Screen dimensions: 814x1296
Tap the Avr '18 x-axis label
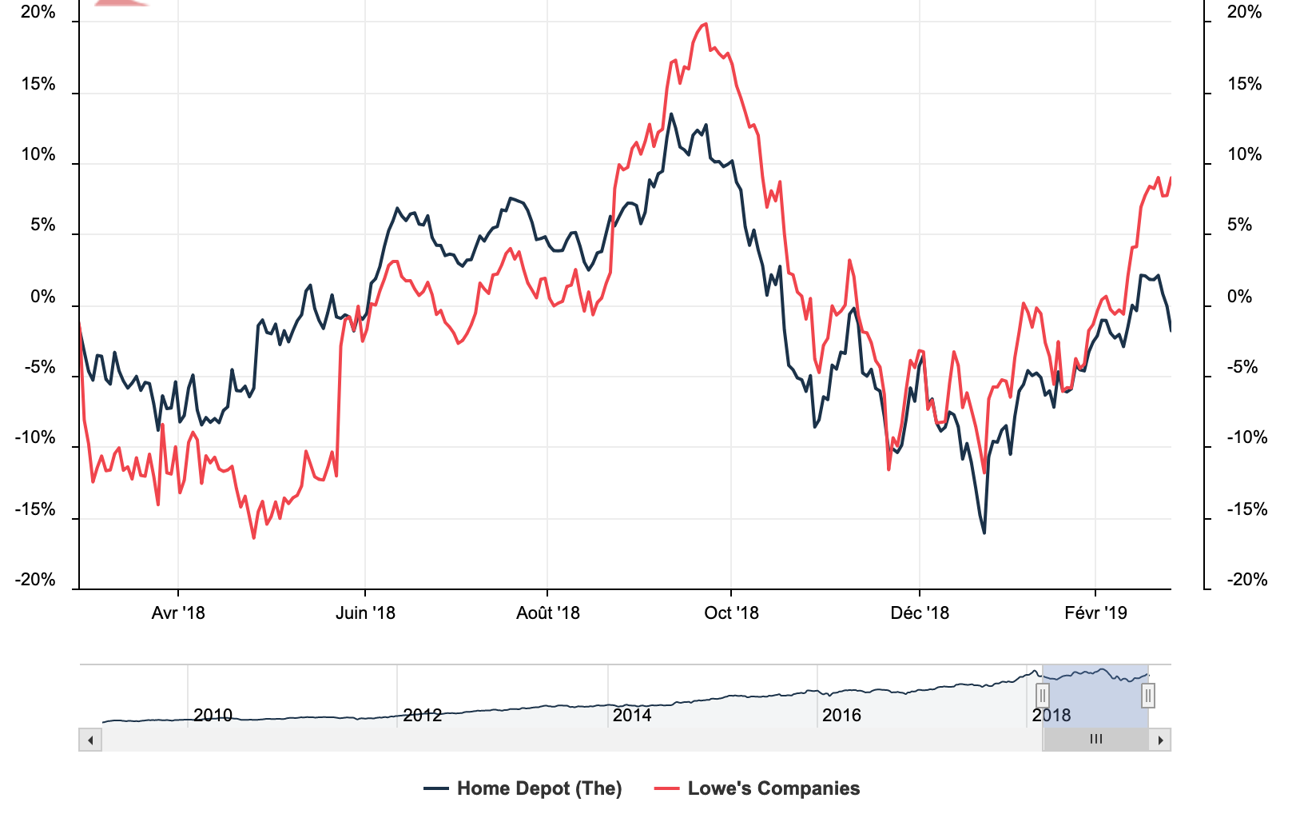click(178, 613)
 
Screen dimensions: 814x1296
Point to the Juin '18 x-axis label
click(365, 613)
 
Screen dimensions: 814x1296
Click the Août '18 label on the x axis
click(547, 613)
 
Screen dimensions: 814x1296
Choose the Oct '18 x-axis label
click(731, 613)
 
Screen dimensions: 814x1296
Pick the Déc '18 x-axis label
click(920, 613)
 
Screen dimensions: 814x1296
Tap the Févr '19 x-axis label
click(1095, 613)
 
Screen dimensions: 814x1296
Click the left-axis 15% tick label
click(38, 85)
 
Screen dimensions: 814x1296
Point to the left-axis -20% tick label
click(35, 580)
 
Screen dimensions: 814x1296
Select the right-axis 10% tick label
click(1244, 155)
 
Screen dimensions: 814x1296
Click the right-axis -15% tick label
click(1247, 509)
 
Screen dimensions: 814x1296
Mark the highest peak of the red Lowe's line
click(705, 24)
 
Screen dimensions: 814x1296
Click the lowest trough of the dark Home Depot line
click(984, 533)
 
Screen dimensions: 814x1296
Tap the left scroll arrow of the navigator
click(90, 740)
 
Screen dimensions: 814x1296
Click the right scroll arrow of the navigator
click(1160, 740)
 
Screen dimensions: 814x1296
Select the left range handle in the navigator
click(1043, 696)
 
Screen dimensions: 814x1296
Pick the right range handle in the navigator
click(1148, 696)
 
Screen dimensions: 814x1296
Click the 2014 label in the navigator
click(632, 715)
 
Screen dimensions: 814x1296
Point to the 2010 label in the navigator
click(213, 715)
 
